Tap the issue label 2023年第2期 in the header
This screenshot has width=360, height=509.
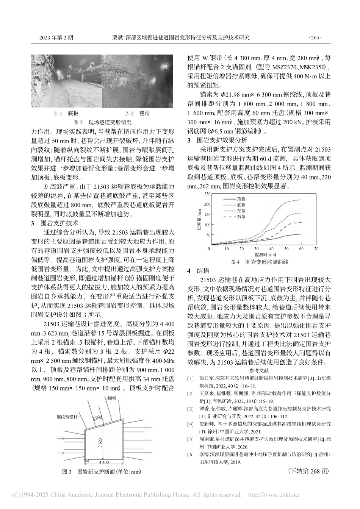coord(56,38)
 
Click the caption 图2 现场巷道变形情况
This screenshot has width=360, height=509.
coord(102,122)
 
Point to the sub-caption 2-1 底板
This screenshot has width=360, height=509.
coord(66,113)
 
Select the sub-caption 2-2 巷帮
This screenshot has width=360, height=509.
coord(137,113)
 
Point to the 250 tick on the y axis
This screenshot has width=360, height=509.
coord(207,194)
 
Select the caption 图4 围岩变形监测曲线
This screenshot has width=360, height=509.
coord(260,262)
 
